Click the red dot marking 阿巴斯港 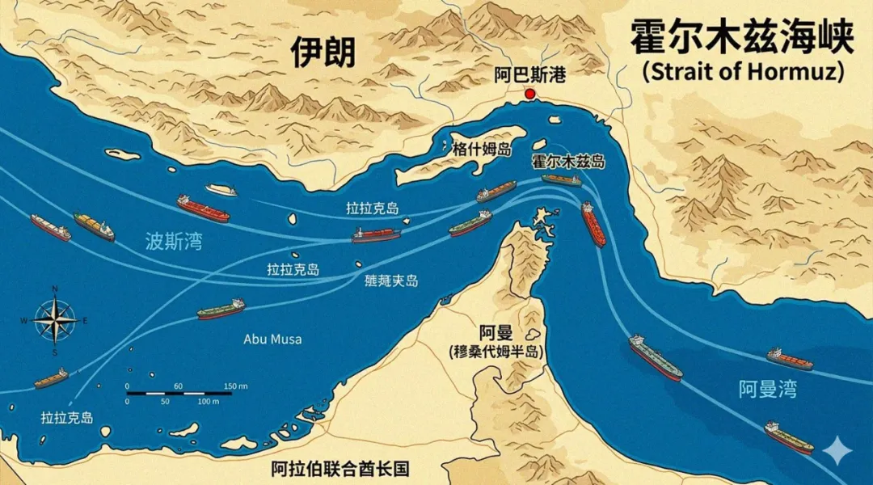[530, 95]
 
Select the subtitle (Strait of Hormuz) [743, 71]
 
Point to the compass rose [55, 320]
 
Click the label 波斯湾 [174, 241]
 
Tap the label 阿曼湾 [767, 390]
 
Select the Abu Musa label [272, 339]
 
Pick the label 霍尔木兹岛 [567, 162]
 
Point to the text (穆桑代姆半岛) [496, 352]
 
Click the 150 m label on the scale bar [235, 386]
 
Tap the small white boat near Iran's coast [221, 190]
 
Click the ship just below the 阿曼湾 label [789, 437]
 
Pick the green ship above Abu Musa [221, 309]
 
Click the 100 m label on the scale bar [209, 401]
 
